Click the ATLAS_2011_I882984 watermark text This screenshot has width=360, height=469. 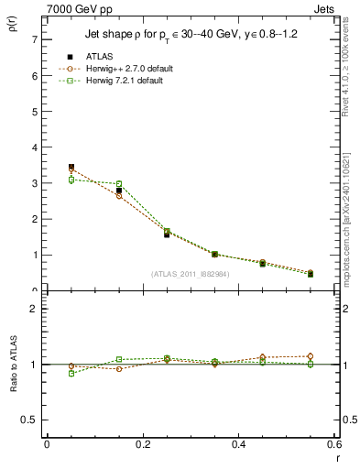(191, 273)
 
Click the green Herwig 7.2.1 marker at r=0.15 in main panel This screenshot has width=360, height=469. (119, 184)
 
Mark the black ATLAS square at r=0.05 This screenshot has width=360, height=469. (71, 167)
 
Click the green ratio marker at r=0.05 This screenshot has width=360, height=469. (71, 374)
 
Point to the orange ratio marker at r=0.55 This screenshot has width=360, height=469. (311, 356)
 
